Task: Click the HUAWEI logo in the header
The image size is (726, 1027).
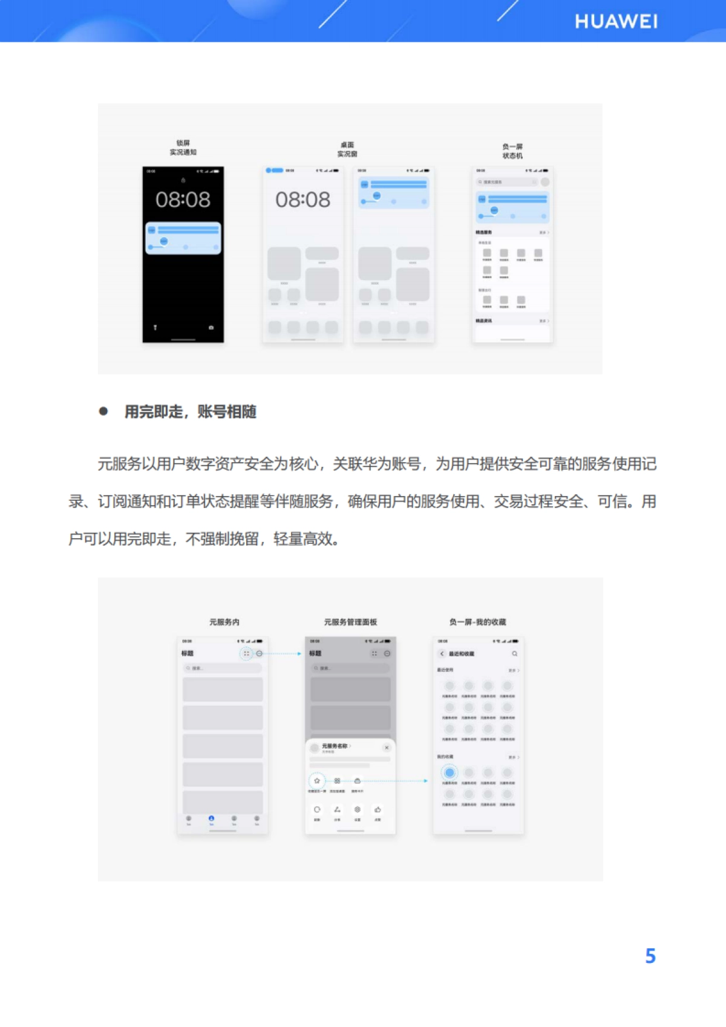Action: pos(616,22)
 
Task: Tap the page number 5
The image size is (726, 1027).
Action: pos(650,956)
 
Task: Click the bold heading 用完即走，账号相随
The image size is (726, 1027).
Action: pos(190,412)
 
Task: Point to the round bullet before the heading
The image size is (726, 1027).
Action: pos(103,411)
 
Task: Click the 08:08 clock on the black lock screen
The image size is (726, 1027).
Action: pos(183,200)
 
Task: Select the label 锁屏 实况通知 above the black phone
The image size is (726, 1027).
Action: pos(183,148)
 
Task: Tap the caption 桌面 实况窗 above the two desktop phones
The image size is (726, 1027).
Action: pos(347,149)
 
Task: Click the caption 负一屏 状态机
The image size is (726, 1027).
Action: pos(512,151)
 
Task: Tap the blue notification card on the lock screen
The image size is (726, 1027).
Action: pos(183,238)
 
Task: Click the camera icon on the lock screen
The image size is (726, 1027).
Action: pos(211,327)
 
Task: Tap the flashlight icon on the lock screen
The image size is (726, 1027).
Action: pos(155,327)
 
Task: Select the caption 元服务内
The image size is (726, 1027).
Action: pos(224,622)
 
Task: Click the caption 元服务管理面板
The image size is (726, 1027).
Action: pos(350,622)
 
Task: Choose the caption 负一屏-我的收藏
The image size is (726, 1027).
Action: pos(477,622)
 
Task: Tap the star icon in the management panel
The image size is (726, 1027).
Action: pos(317,781)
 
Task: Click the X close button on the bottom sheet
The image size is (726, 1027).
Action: pos(387,748)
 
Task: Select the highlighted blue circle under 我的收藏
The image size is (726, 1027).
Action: pos(450,772)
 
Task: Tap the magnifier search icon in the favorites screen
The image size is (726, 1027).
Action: pos(515,654)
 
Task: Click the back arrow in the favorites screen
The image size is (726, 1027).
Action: pos(442,654)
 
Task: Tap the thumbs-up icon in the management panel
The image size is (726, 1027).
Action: pos(378,809)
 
